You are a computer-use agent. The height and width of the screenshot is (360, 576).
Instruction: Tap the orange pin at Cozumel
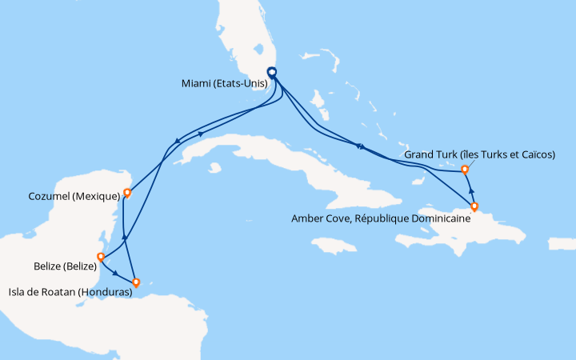(x=127, y=193)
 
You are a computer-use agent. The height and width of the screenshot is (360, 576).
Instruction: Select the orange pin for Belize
(x=100, y=257)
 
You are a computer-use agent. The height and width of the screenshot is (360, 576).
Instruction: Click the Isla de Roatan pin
(x=136, y=282)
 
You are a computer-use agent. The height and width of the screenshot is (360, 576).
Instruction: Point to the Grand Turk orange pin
(x=464, y=168)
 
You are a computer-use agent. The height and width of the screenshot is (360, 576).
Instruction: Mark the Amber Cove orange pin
(x=474, y=206)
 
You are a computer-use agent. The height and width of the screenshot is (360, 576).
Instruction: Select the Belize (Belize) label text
(x=60, y=266)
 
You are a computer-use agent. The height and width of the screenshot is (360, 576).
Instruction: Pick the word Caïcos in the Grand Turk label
(x=534, y=154)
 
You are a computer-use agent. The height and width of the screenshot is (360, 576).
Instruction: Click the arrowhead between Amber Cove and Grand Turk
(x=471, y=191)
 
